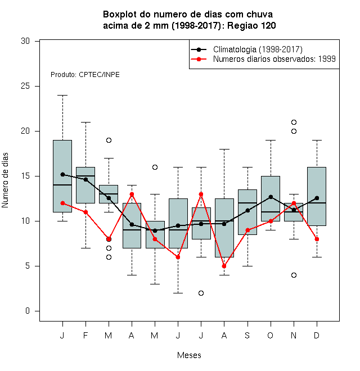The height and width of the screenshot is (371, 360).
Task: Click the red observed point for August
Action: coord(224,266)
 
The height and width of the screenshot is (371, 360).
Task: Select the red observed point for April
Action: coord(132,194)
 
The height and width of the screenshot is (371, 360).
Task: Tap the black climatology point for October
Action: coord(271,197)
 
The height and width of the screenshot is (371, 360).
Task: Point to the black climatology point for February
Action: coord(85,179)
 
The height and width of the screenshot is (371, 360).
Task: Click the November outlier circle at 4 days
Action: coord(294,275)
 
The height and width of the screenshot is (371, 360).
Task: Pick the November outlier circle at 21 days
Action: coord(294,123)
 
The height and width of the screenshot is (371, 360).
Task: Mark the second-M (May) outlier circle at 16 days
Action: coord(155,168)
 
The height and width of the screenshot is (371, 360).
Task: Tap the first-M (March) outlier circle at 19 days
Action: coord(109,141)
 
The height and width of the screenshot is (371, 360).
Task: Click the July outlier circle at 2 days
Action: coord(201,293)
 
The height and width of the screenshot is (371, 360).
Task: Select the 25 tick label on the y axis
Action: coord(25,86)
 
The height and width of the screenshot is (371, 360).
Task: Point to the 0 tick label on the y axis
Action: coord(28,311)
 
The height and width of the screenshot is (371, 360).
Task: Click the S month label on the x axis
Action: coord(247,336)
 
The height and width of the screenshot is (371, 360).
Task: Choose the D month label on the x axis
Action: coord(317,336)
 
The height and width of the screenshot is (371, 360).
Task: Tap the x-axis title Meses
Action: coord(189,355)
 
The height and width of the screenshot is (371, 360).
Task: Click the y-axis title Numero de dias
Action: coord(5,180)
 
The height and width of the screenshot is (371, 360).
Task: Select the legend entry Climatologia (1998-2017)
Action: coord(258,49)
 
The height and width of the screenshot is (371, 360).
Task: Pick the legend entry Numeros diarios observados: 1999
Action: coord(274,59)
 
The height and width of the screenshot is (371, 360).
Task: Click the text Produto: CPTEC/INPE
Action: coord(85,75)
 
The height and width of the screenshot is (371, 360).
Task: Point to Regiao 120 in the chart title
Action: coord(251,25)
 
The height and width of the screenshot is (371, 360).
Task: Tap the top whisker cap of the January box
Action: coord(63,96)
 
